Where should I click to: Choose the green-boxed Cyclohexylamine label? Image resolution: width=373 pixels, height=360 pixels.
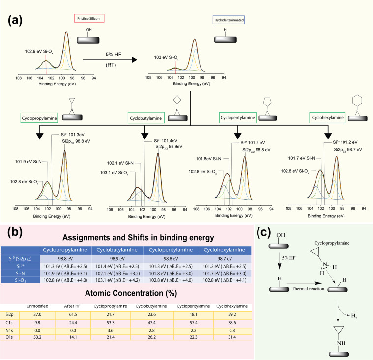(x=327, y=118)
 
